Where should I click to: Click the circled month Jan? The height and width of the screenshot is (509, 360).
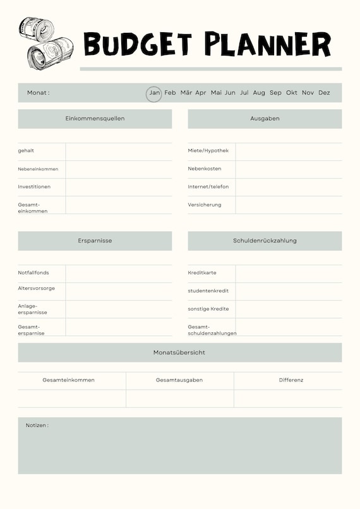(155, 93)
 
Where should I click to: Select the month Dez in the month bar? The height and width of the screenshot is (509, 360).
(324, 93)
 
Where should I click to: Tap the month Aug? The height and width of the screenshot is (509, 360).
(259, 93)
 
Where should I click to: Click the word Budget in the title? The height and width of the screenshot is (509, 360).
(137, 44)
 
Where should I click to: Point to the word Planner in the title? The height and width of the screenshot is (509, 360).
(267, 44)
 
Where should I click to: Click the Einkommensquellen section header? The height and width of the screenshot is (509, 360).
(95, 119)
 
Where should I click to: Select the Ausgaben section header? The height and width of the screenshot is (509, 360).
(265, 119)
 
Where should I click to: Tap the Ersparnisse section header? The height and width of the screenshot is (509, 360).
(95, 241)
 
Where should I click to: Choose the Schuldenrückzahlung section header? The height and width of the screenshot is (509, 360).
(265, 241)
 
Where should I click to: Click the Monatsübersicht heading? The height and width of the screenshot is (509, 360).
(179, 352)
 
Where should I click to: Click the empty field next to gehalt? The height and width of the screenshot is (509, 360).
(119, 152)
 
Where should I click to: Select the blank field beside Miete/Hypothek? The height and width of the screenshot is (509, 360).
(289, 152)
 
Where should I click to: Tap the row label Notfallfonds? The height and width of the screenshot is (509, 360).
(33, 273)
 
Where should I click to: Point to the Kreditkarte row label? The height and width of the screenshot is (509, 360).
(202, 273)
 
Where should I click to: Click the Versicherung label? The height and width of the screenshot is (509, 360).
(205, 205)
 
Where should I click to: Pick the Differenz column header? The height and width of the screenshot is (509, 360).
(291, 380)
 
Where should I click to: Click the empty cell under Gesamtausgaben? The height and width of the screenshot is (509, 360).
(179, 398)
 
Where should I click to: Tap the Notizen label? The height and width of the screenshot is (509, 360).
(37, 426)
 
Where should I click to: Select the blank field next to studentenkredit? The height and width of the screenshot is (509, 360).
(289, 291)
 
